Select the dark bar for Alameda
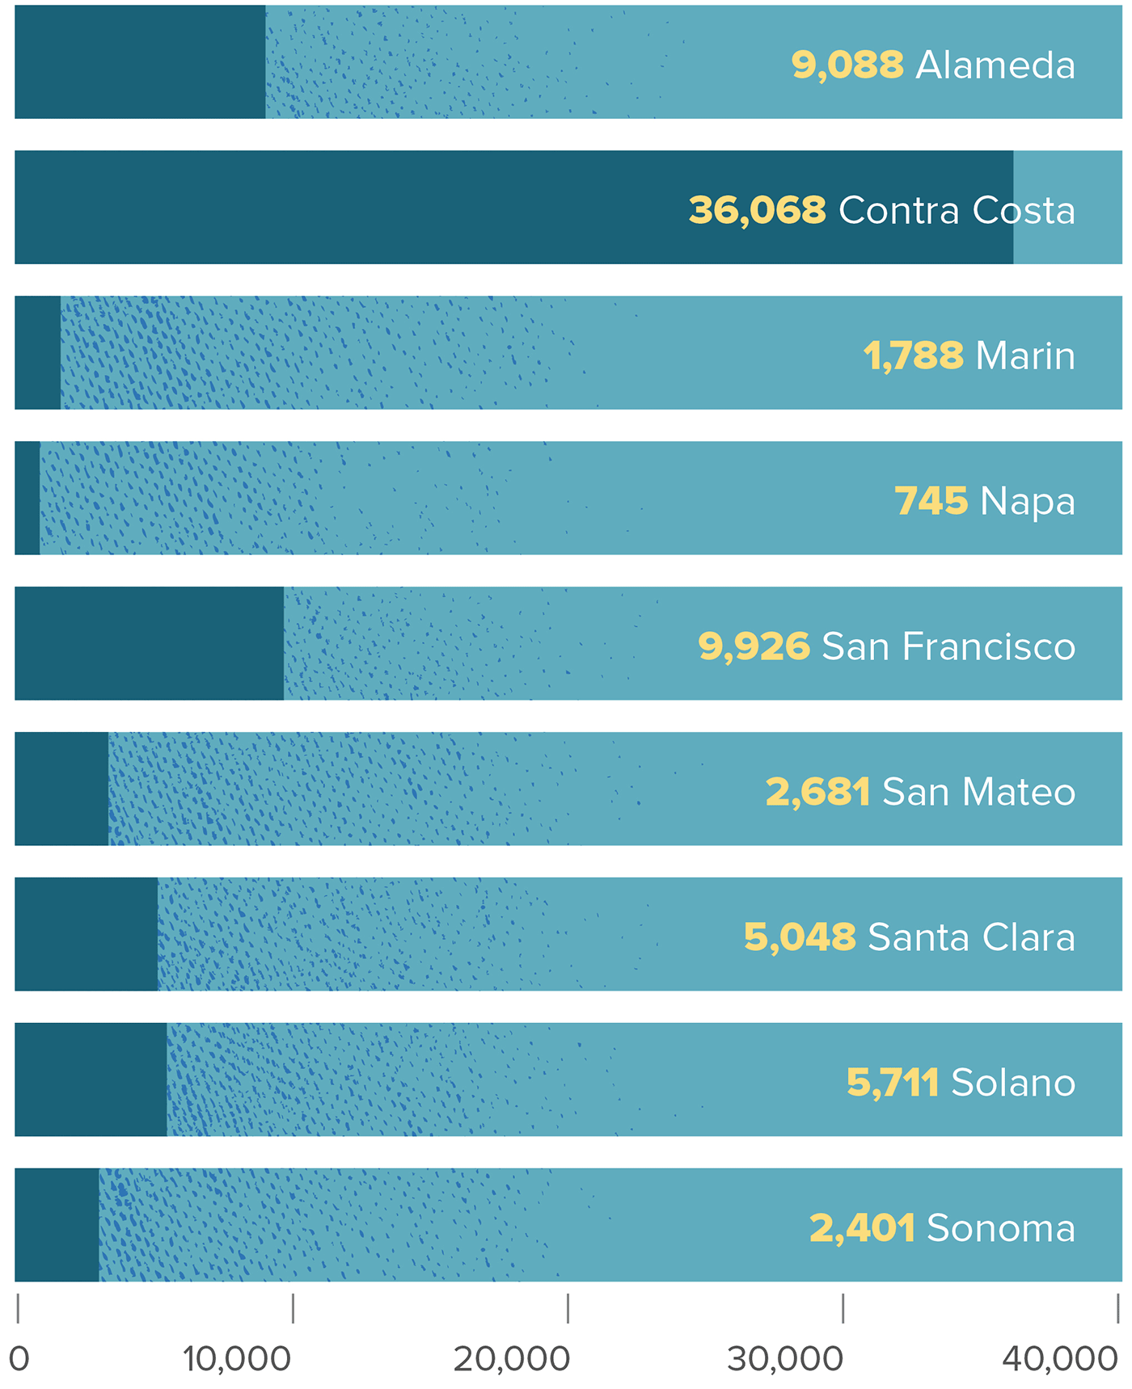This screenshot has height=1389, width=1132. [140, 62]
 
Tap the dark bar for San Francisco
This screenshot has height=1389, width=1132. [149, 643]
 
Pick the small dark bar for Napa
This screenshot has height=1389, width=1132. [27, 498]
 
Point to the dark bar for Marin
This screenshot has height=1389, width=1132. [37, 352]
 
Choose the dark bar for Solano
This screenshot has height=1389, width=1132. [91, 1080]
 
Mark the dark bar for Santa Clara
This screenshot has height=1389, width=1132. [86, 934]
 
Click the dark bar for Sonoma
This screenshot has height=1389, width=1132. [57, 1225]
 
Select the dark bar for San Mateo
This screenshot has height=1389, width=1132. [61, 789]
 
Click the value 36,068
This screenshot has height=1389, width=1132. [757, 210]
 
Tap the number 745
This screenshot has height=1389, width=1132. [931, 501]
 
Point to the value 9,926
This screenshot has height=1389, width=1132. [754, 646]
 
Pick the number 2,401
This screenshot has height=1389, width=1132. [862, 1228]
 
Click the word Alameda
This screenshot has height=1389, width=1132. [995, 65]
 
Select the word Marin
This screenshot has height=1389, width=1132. [1025, 356]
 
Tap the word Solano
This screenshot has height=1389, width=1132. [1013, 1083]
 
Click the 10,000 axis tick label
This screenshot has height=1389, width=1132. [236, 1359]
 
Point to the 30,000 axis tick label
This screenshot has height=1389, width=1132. [785, 1359]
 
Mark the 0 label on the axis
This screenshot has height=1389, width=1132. [19, 1359]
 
